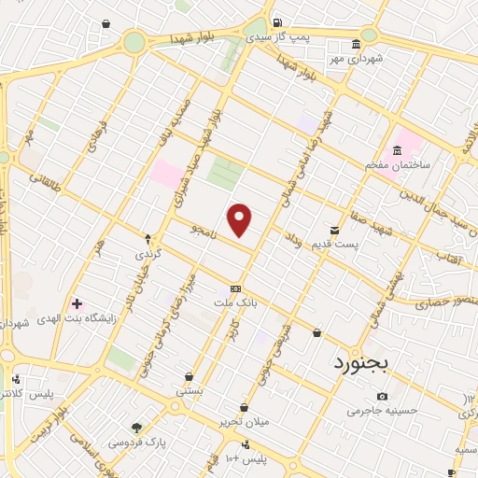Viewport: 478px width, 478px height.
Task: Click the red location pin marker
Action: pos(241,220)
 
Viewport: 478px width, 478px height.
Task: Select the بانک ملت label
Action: pos(235,304)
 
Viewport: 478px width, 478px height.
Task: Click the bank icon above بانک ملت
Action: pos(234,288)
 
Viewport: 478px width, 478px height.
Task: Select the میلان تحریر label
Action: pos(246,422)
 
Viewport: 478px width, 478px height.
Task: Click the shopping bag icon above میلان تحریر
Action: pos(244,407)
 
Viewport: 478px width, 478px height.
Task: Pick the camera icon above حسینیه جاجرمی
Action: pos(383,398)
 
